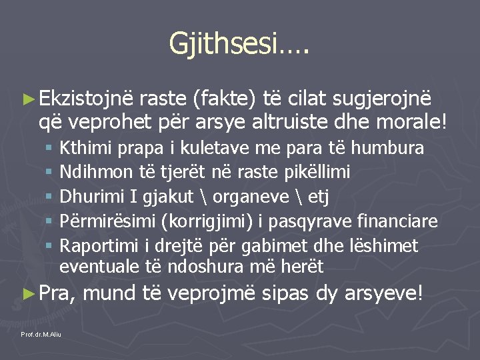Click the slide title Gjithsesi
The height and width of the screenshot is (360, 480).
point(239,44)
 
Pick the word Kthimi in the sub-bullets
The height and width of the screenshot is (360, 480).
point(82,147)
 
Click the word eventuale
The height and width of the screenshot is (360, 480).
point(97,267)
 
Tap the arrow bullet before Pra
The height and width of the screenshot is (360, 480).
point(27,293)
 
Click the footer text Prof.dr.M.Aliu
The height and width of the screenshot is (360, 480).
point(41,333)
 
